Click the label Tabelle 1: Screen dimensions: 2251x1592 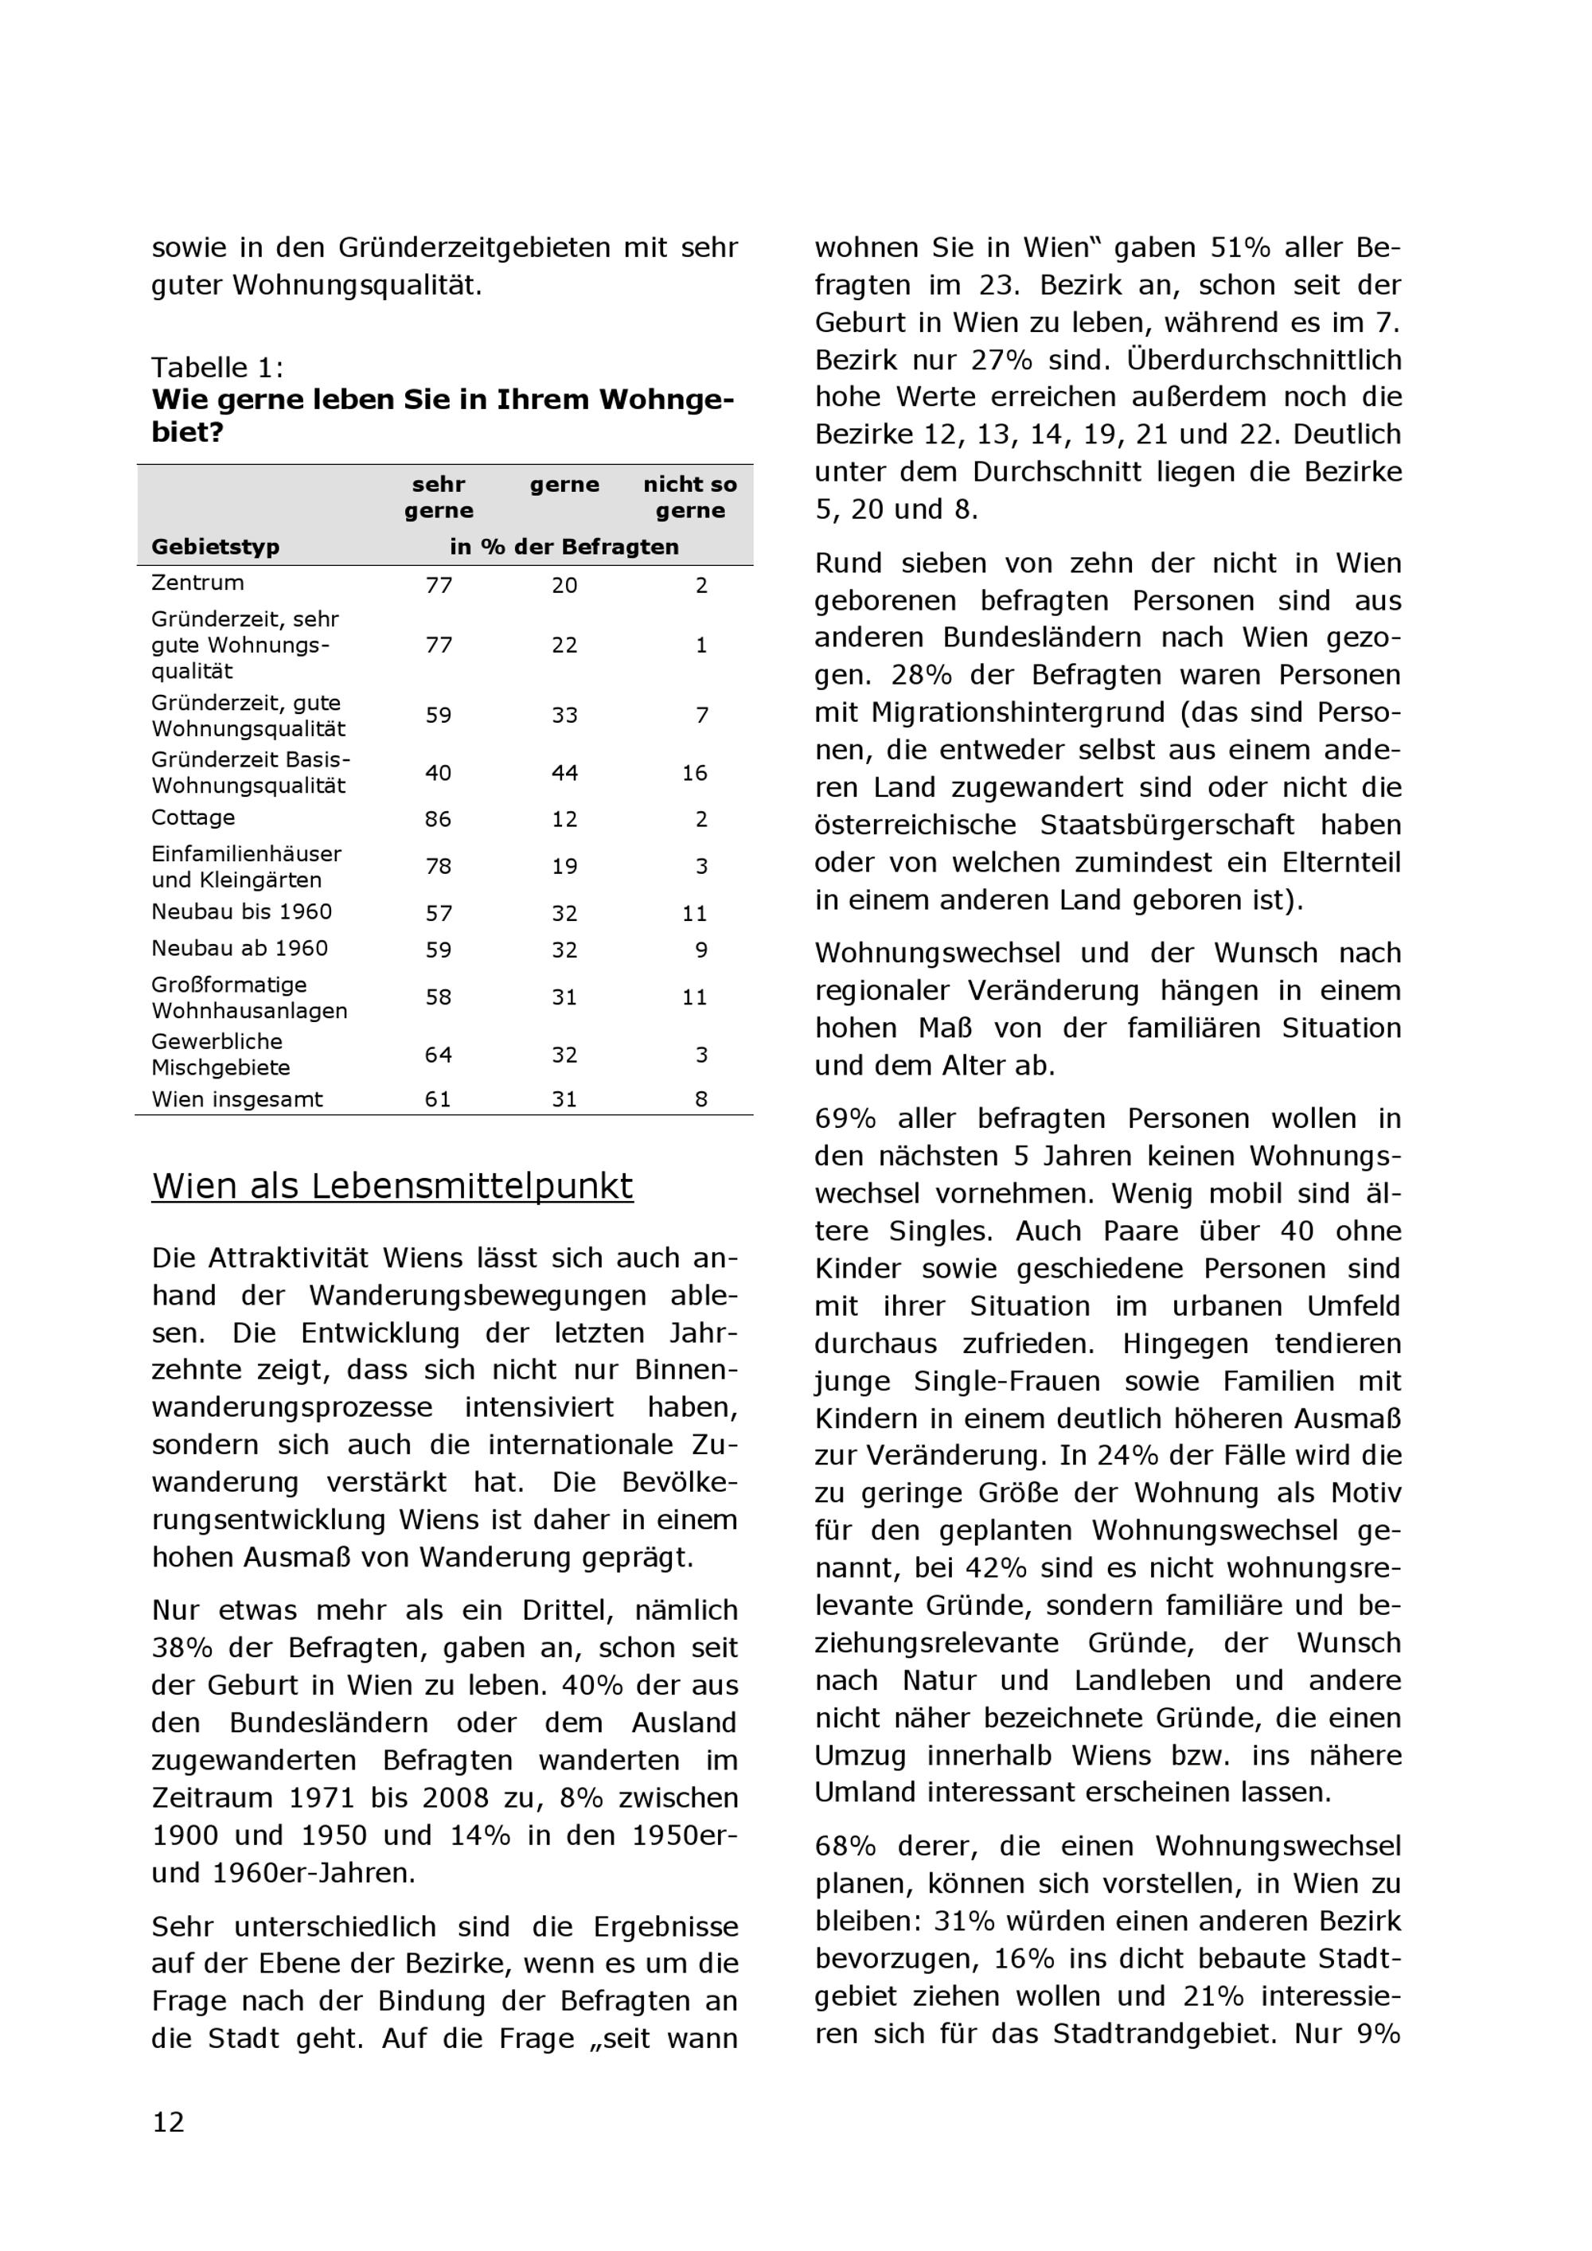pos(217,368)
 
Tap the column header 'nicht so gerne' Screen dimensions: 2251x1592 pos(689,497)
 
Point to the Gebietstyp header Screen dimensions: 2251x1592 pos(215,547)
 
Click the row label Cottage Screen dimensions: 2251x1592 pos(193,817)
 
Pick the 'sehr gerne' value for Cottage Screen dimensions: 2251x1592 pos(438,820)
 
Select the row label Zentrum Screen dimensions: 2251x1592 pos(197,583)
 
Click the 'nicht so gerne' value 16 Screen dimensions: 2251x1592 pos(695,774)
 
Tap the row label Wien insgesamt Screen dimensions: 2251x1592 pos(236,1099)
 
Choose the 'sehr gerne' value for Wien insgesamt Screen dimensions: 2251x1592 pos(438,1100)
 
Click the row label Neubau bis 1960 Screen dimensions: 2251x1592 pos(241,911)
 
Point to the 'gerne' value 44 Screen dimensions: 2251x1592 pos(564,774)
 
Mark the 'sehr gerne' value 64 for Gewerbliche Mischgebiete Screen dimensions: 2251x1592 pos(438,1055)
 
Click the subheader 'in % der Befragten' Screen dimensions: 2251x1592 pos(564,547)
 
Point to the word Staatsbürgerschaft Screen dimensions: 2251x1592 pos(1168,825)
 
